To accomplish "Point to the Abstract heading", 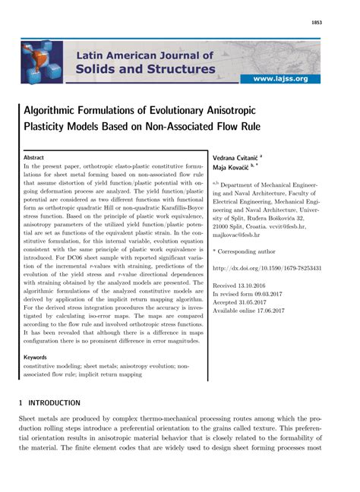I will [35, 157].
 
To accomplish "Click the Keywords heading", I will [36, 356].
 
